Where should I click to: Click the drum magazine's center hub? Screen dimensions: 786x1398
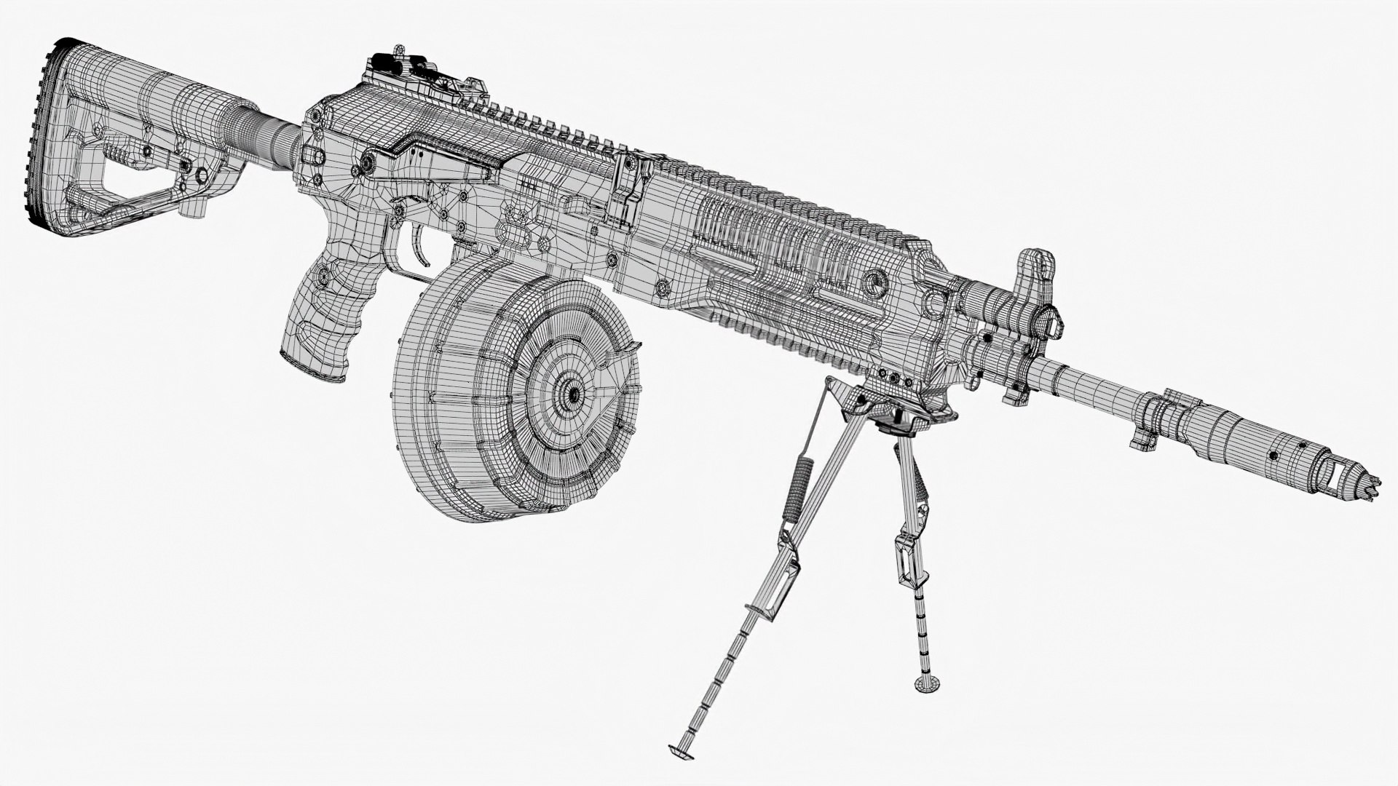pyautogui.click(x=573, y=394)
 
